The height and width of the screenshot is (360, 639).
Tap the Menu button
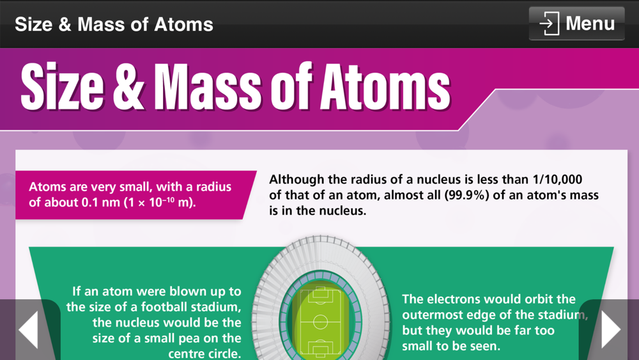pyautogui.click(x=576, y=23)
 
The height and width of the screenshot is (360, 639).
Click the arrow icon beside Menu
pyautogui.click(x=549, y=23)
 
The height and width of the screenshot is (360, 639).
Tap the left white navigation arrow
pyautogui.click(x=29, y=329)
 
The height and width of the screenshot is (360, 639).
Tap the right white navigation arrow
pyautogui.click(x=611, y=329)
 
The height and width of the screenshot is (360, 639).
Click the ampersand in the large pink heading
pyautogui.click(x=128, y=87)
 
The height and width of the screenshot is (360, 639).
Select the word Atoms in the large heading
pyautogui.click(x=385, y=87)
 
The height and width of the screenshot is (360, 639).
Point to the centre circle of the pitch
pyautogui.click(x=320, y=322)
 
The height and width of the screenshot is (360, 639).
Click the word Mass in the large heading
pyautogui.click(x=207, y=87)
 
